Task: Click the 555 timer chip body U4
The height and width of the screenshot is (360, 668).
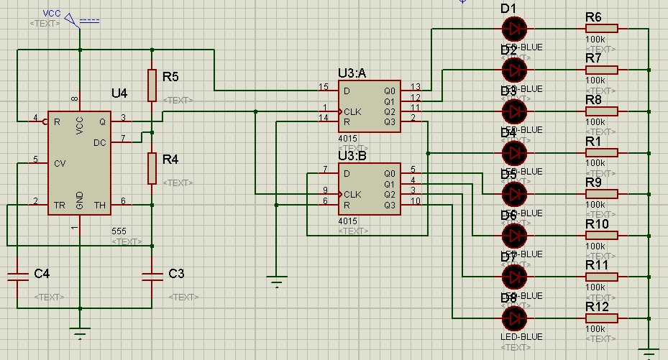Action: pyautogui.click(x=80, y=163)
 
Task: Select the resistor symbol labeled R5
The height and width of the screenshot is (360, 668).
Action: pyautogui.click(x=152, y=85)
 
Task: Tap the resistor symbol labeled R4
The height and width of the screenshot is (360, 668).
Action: pyautogui.click(x=152, y=168)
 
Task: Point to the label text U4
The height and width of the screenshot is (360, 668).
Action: pyautogui.click(x=119, y=94)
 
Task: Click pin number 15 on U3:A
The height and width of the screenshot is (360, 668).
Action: pyautogui.click(x=324, y=87)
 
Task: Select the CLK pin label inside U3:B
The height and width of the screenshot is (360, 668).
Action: pyautogui.click(x=352, y=194)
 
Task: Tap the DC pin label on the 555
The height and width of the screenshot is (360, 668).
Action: pyautogui.click(x=101, y=142)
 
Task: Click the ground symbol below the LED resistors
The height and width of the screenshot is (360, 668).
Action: pyautogui.click(x=649, y=351)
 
